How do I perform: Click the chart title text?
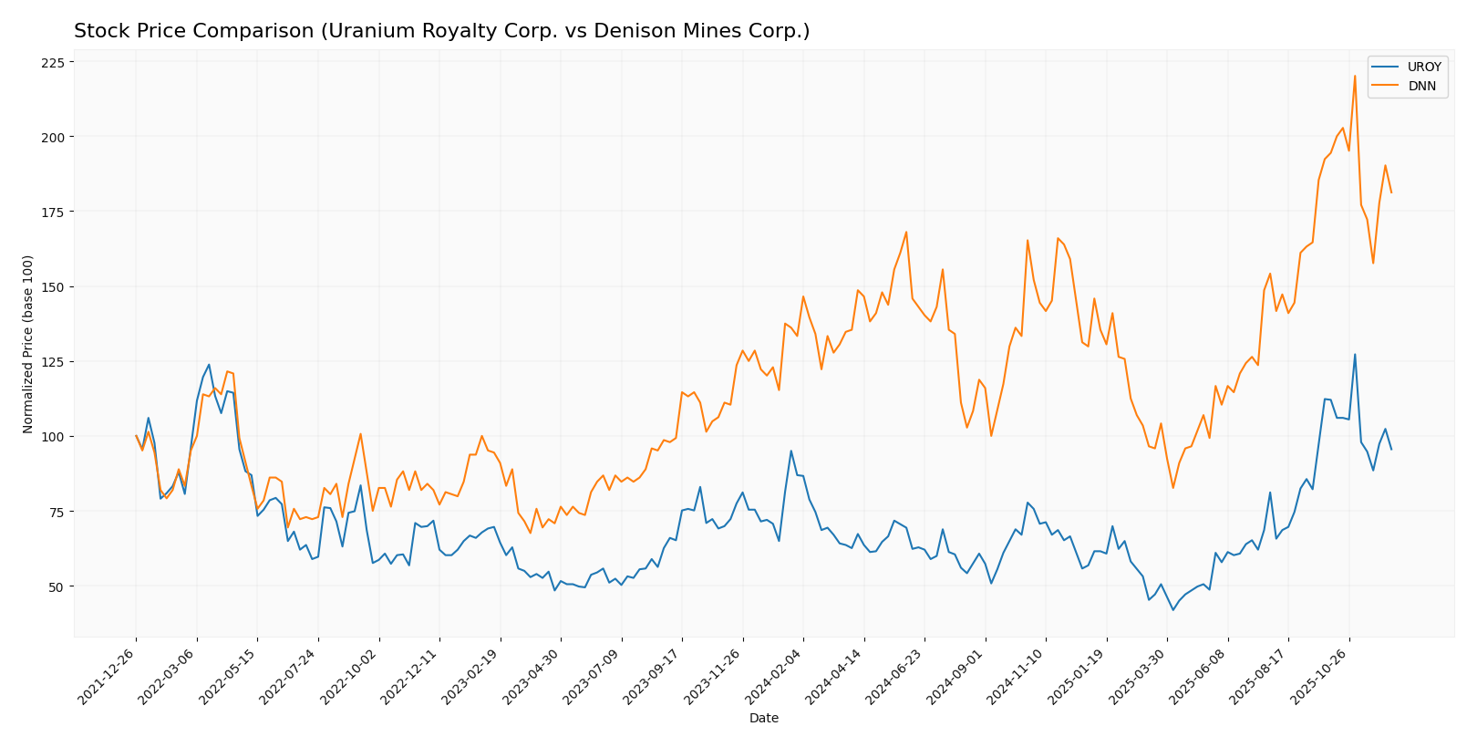coord(441,31)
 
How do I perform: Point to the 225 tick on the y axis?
coord(52,62)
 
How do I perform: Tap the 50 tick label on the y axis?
coord(56,586)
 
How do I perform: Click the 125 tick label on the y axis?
coord(52,362)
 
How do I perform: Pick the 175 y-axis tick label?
coord(52,212)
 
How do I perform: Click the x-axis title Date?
coord(764,719)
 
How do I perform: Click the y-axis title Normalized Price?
coord(28,344)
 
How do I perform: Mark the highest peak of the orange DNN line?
coord(1355,76)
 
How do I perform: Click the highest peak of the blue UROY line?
coord(1355,355)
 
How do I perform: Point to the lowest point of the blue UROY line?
coord(1173,609)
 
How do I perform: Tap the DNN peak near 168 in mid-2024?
coord(906,232)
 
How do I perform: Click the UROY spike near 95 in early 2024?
coord(790,451)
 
